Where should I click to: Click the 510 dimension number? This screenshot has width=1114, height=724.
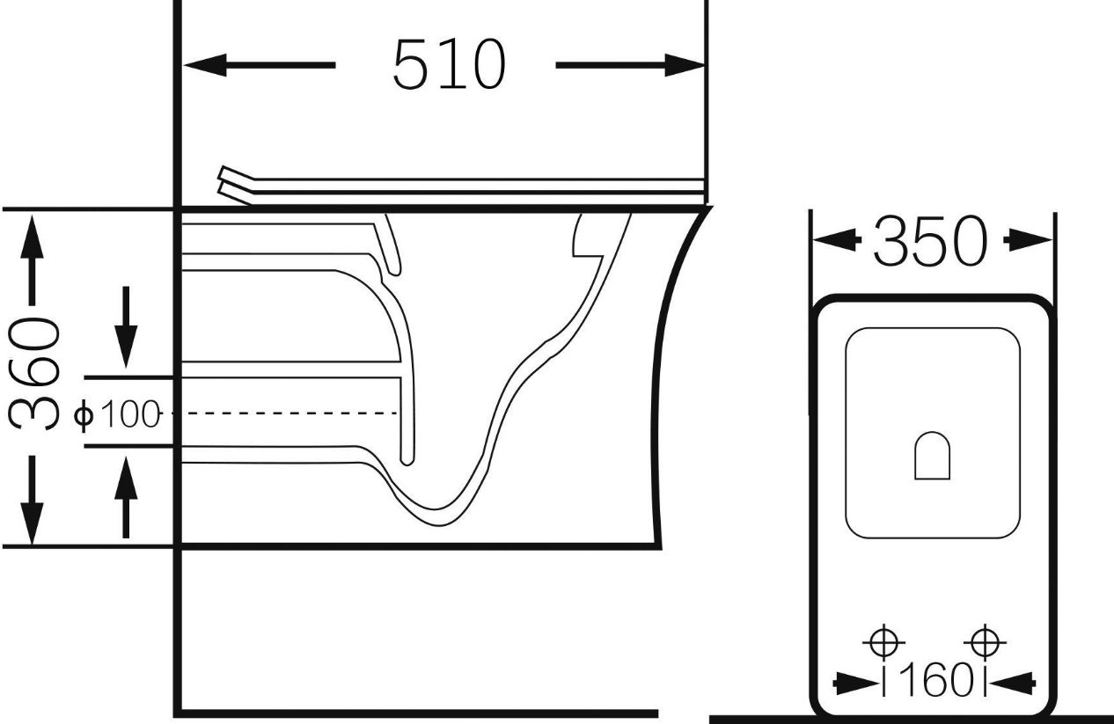449,64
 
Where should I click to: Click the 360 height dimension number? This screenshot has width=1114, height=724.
33,374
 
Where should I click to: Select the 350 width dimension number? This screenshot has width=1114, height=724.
929,241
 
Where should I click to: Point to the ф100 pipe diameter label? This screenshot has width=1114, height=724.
117,413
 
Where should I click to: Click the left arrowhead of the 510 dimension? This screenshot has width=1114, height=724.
205,65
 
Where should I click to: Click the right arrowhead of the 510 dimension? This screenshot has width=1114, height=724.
685,65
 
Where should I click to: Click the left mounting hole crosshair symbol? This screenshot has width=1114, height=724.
883,642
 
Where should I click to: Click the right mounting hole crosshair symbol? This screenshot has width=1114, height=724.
985,642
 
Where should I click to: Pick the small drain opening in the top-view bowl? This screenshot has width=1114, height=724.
933,456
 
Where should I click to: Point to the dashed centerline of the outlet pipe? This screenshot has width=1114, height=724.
283,413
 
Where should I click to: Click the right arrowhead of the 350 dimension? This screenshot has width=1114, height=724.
1029,241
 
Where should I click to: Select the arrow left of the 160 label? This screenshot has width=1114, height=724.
855,684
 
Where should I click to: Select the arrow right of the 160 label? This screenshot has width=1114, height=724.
1013,684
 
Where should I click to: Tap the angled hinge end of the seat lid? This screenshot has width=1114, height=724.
236,185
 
